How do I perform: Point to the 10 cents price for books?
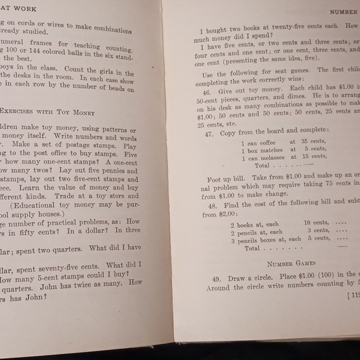click(x=316, y=223)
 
